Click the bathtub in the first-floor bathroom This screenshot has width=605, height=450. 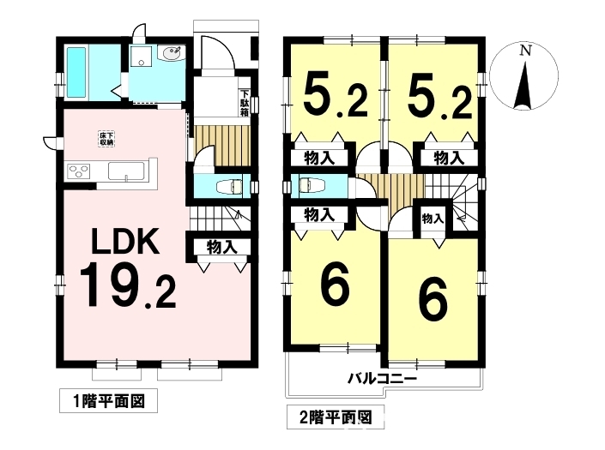pyautogui.click(x=76, y=73)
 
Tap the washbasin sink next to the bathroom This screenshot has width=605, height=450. pyautogui.click(x=172, y=53)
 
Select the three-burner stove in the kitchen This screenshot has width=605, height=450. pyautogui.click(x=79, y=171)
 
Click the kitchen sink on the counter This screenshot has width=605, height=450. pyautogui.click(x=126, y=171)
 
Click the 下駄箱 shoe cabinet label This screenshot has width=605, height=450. pyautogui.click(x=245, y=103)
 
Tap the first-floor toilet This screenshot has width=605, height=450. pyautogui.click(x=229, y=187)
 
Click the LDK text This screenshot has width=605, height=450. pyautogui.click(x=125, y=241)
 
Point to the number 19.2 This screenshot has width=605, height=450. pyautogui.click(x=128, y=285)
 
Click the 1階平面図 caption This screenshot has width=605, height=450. pyautogui.click(x=109, y=402)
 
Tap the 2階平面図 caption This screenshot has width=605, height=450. pyautogui.click(x=336, y=417)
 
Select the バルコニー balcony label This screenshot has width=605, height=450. pyautogui.click(x=383, y=379)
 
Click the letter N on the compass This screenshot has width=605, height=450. pyautogui.click(x=524, y=51)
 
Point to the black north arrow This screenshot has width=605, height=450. pyautogui.click(x=523, y=86)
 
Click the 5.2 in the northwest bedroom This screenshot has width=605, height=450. pyautogui.click(x=335, y=98)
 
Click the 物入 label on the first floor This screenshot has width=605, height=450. pyautogui.click(x=222, y=247)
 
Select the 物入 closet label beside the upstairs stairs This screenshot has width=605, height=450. pyautogui.click(x=433, y=219)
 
